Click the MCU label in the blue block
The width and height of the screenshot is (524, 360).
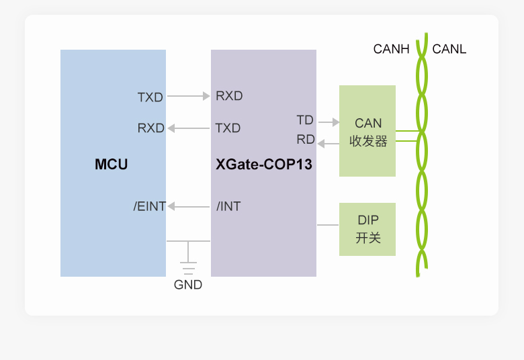[112, 164]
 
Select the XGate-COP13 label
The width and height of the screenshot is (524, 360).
[264, 164]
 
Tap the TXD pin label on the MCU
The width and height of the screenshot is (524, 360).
[150, 97]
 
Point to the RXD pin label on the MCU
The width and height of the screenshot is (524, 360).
[151, 128]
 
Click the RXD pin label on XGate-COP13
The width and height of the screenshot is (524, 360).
[229, 96]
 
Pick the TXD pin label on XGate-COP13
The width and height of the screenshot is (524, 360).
[228, 128]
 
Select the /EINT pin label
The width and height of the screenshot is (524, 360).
[150, 206]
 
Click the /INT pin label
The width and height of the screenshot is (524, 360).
[228, 206]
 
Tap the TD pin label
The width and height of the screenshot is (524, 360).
[305, 120]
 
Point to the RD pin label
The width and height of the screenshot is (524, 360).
[306, 140]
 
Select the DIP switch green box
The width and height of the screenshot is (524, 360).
[367, 229]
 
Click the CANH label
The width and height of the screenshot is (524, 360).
[391, 49]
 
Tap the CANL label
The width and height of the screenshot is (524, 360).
[449, 49]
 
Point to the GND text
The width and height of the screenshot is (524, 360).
[188, 285]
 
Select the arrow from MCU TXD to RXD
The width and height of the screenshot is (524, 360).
[189, 97]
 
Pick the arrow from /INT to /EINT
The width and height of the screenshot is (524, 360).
[189, 206]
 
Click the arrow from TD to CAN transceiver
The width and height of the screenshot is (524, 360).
[329, 122]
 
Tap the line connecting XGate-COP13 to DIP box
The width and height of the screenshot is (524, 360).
[328, 225]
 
